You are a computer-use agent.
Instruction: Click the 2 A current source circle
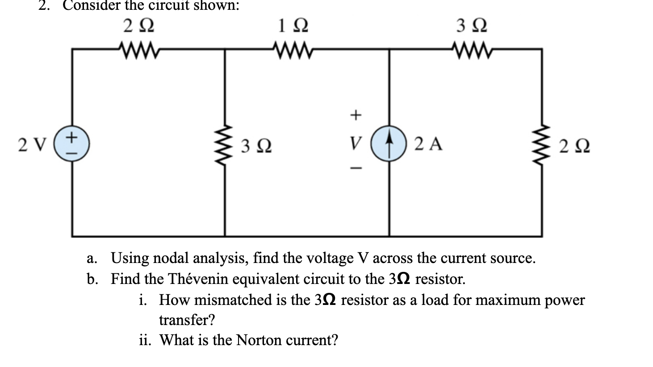point(389,144)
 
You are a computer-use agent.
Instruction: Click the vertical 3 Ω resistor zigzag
point(225,144)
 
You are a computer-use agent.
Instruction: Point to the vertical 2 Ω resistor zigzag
point(542,144)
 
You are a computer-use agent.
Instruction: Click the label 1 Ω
point(293,25)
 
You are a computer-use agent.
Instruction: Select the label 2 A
point(428,144)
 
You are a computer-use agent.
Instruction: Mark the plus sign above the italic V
point(355,115)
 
